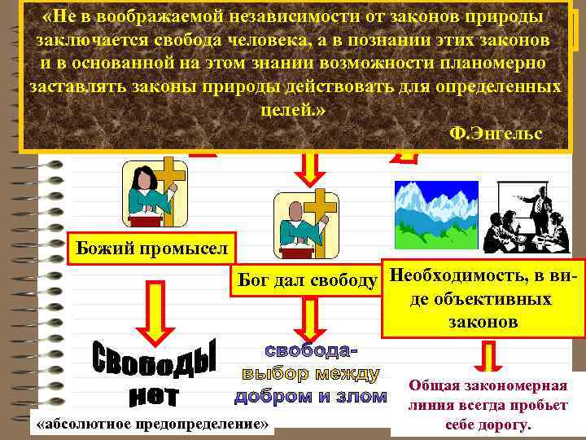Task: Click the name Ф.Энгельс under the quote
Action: [x=496, y=133]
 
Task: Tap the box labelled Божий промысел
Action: [x=150, y=247]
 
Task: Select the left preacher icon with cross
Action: [x=154, y=193]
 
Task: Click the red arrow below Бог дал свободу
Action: [x=310, y=316]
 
